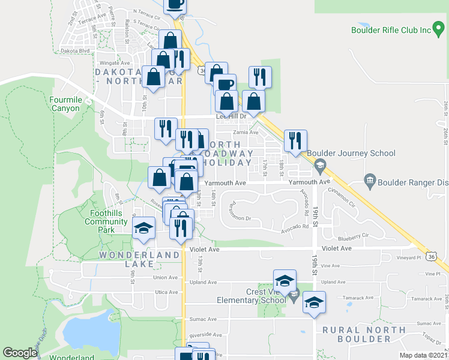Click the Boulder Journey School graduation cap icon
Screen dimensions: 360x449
tap(321, 164)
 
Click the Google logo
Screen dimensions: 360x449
tap(20, 353)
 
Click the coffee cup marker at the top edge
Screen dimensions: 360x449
tap(175, 5)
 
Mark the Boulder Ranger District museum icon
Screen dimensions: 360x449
tap(370, 180)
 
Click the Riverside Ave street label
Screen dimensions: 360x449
tap(206, 335)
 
